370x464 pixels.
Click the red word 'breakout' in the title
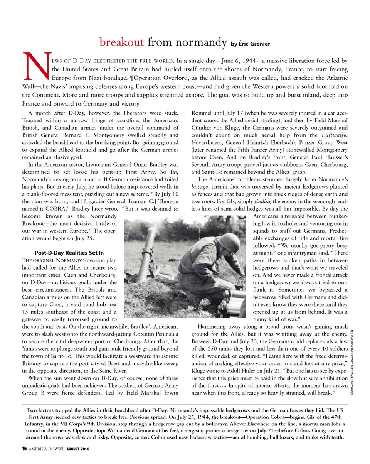click(x=121, y=42)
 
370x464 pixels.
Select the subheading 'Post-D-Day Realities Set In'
click(x=69, y=253)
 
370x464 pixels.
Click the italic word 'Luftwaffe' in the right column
click(x=335, y=135)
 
